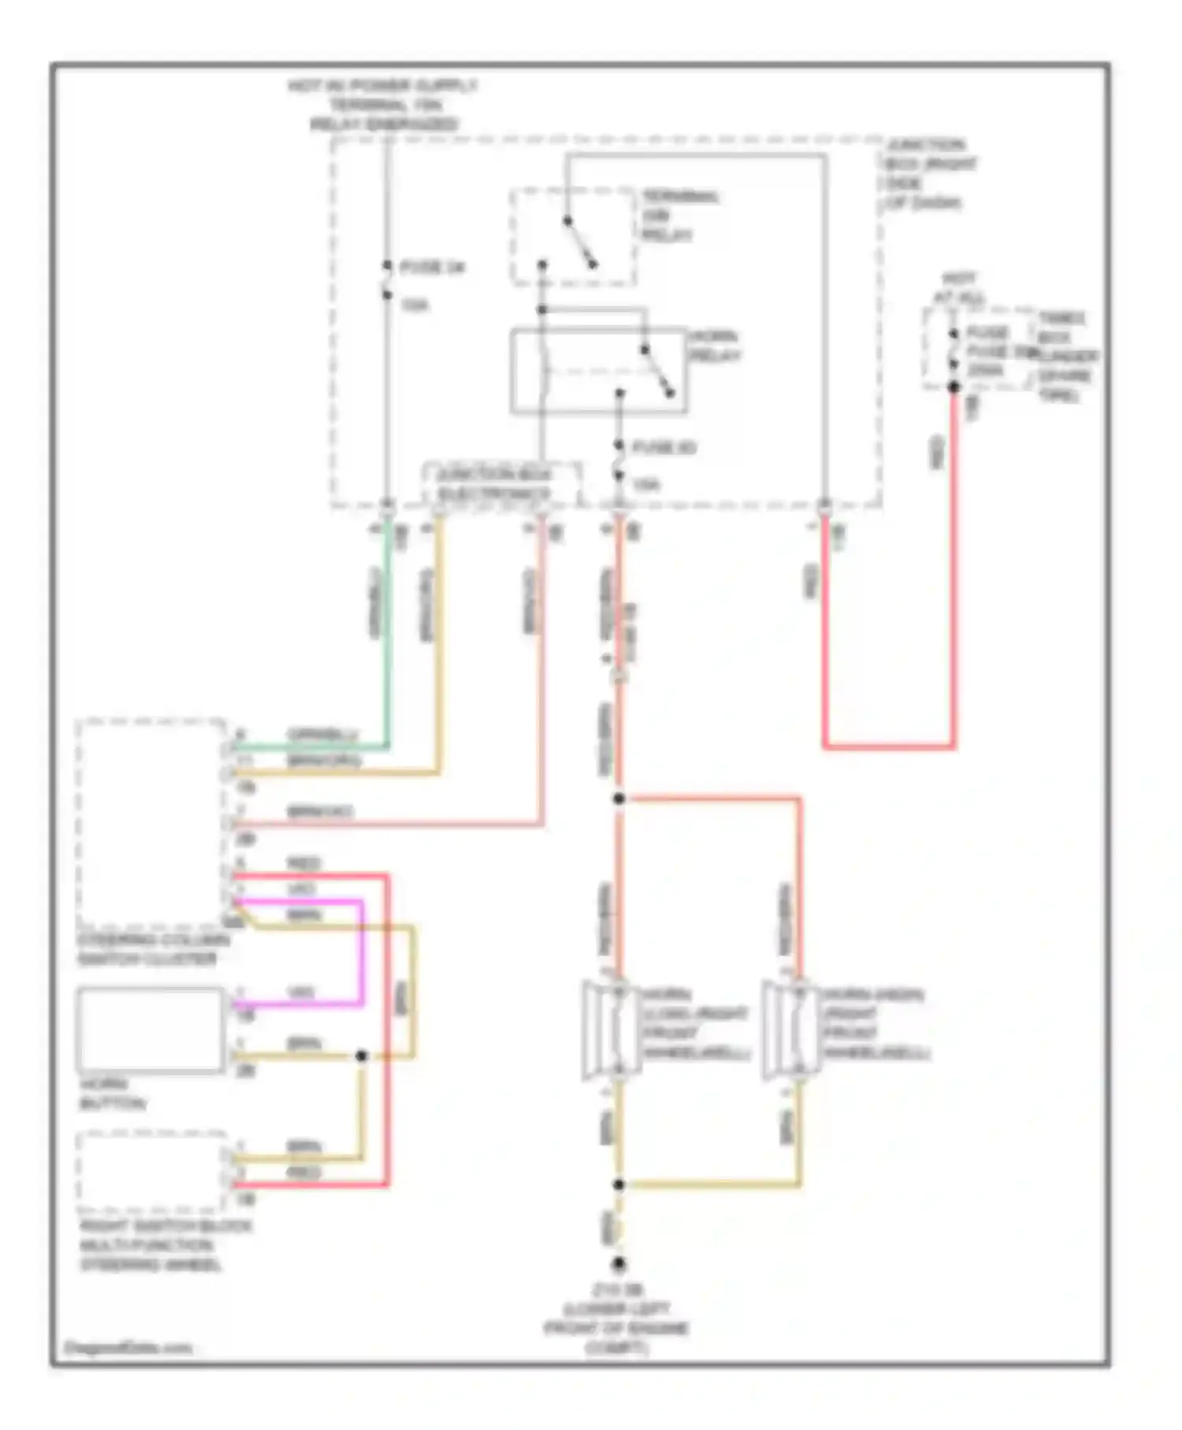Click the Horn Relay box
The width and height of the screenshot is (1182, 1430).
pos(598,371)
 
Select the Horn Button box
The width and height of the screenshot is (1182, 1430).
pos(151,1030)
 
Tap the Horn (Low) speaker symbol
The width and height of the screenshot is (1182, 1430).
pos(611,1029)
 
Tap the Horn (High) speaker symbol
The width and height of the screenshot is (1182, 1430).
pos(789,1029)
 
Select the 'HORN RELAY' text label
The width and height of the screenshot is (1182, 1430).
pos(715,346)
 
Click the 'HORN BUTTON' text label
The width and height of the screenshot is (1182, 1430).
pos(112,1094)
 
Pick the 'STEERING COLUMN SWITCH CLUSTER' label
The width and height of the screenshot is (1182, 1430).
pos(153,949)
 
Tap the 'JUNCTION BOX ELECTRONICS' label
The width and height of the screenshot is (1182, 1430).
pos(494,484)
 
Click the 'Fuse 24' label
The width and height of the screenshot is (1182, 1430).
pos(432,268)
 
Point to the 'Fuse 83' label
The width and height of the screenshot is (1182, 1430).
pos(663,448)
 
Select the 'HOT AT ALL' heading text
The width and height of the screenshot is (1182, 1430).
pos(959,289)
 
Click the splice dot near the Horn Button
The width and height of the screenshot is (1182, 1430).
pos(362,1056)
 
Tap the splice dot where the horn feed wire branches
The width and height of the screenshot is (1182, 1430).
pos(619,799)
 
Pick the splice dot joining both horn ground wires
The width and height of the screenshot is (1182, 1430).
pos(619,1184)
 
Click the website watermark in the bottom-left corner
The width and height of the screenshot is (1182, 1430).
pos(128,1348)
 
